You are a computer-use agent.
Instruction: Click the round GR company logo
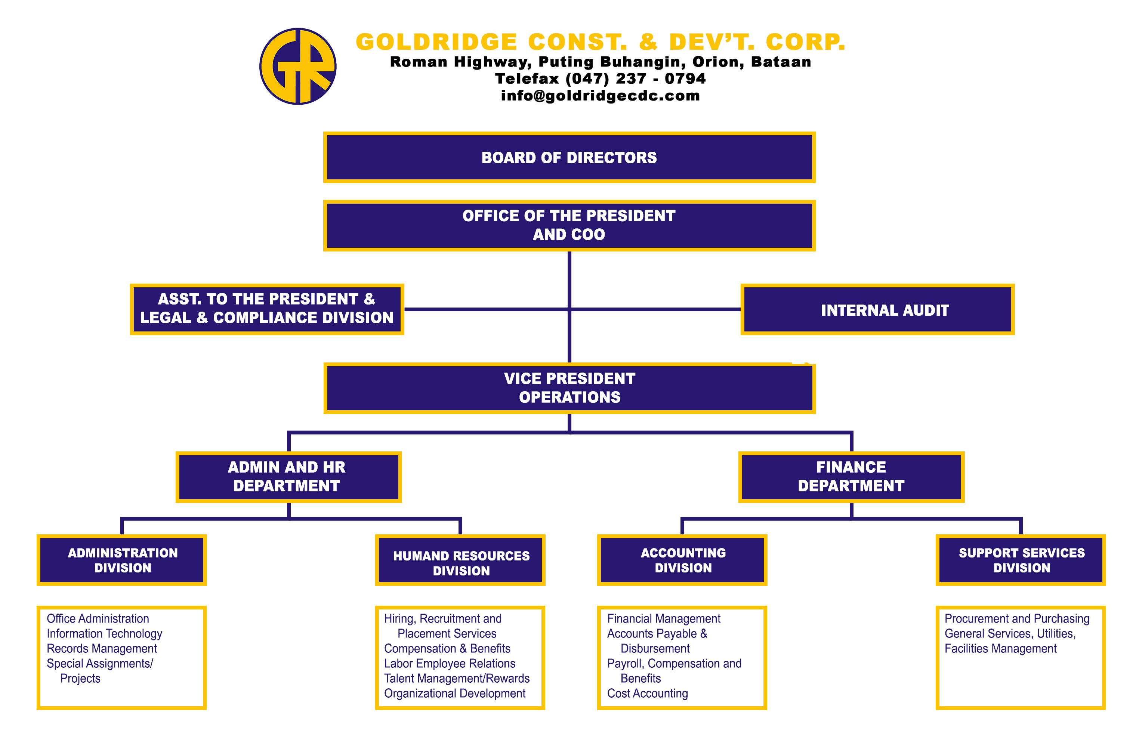pyautogui.click(x=298, y=66)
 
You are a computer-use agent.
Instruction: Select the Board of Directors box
pyautogui.click(x=569, y=157)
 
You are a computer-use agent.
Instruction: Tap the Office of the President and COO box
pyautogui.click(x=569, y=225)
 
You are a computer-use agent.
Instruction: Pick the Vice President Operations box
pyautogui.click(x=569, y=388)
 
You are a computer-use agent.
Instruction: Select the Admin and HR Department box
pyautogui.click(x=288, y=477)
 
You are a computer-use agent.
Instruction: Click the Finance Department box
pyautogui.click(x=851, y=477)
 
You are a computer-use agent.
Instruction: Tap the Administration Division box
pyautogui.click(x=121, y=560)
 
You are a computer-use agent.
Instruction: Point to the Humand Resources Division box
pyautogui.click(x=460, y=560)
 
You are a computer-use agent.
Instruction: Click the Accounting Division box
pyautogui.click(x=682, y=560)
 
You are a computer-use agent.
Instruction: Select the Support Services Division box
pyautogui.click(x=1021, y=560)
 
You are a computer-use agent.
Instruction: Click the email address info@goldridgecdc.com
pyautogui.click(x=600, y=96)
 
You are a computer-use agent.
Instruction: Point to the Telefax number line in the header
pyautogui.click(x=600, y=78)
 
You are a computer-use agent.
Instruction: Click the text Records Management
pyautogui.click(x=102, y=648)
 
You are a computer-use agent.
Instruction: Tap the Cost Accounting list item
pyautogui.click(x=648, y=694)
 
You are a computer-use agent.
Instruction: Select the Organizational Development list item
pyautogui.click(x=455, y=694)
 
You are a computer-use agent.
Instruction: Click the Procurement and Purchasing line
pyautogui.click(x=1017, y=619)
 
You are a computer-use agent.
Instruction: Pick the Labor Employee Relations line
pyautogui.click(x=450, y=664)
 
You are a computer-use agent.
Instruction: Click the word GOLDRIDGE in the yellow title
pyautogui.click(x=437, y=42)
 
